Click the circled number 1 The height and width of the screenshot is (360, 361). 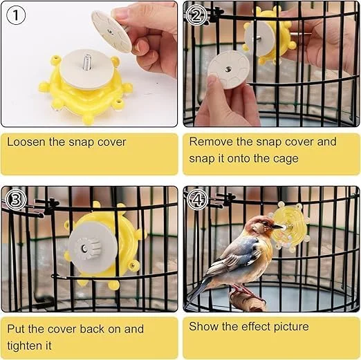pos(16,15)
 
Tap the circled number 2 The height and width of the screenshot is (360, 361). pos(196,15)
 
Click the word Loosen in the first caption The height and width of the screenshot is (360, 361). pos(26,142)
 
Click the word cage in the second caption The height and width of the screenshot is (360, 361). pos(286,159)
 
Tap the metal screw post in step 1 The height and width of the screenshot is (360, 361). pos(88,62)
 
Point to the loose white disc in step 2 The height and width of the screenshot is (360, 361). pos(229,70)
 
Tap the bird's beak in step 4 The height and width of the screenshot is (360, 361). pos(278,227)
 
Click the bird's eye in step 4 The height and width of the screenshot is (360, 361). pos(267,223)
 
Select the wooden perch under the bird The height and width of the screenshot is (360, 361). pos(246,300)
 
